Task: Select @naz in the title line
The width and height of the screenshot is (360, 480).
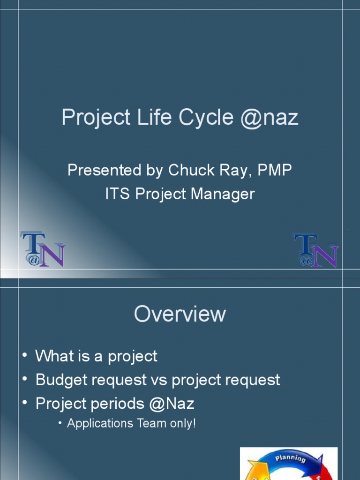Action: click(269, 118)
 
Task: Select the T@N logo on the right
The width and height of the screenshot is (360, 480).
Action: click(315, 250)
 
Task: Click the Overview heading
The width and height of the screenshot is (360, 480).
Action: click(180, 314)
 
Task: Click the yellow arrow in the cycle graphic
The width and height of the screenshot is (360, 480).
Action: click(255, 471)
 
